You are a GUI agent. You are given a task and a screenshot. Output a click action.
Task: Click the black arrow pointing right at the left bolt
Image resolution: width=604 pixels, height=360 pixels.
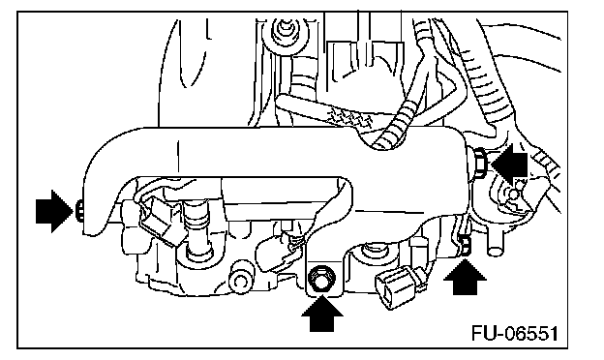pos(54,211)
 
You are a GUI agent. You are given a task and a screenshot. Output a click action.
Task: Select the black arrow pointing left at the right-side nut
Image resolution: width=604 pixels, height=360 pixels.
pos(509,165)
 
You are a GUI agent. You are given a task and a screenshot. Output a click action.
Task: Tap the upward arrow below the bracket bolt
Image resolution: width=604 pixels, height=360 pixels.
pos(322,315)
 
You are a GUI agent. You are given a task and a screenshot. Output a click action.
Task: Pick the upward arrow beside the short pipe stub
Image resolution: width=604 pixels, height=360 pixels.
pos(465,278)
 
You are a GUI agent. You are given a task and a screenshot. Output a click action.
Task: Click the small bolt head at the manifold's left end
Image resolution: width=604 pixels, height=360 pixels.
pos(78,211)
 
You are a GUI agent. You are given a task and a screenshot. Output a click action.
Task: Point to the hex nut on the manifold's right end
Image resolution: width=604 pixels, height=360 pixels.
pos(480,163)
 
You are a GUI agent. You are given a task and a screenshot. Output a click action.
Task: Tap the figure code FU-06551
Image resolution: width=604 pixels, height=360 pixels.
pos(515,334)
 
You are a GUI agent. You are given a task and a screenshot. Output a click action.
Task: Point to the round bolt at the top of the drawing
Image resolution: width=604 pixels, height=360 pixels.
pos(285,31)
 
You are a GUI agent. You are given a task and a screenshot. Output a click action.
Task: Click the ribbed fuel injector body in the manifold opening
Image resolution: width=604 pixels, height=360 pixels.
pos(197,231)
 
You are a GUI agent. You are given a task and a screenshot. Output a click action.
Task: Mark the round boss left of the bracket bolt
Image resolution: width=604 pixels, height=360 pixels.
pos(241,280)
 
